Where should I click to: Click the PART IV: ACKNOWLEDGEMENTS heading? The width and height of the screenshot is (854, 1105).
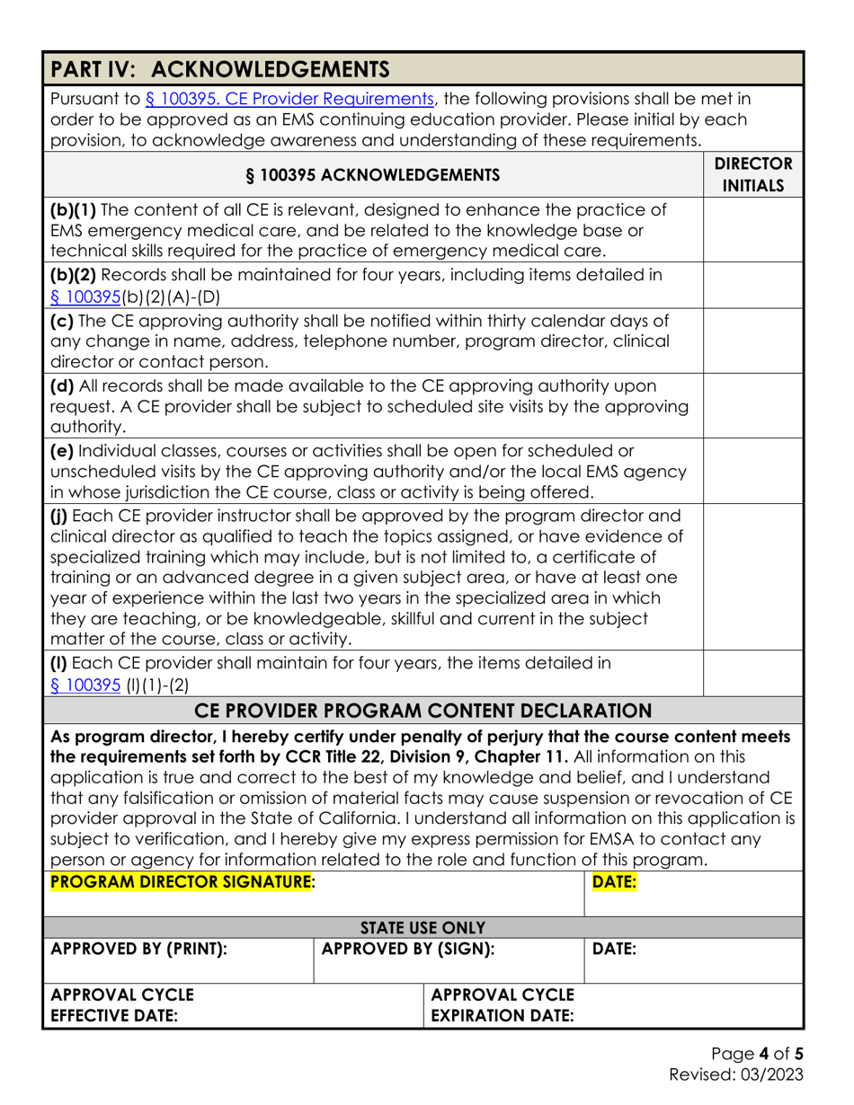(x=220, y=68)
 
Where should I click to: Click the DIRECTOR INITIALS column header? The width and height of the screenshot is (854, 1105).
(x=752, y=175)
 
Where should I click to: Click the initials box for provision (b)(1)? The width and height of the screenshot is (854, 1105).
(x=752, y=230)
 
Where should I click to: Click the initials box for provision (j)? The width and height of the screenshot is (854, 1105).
(x=752, y=577)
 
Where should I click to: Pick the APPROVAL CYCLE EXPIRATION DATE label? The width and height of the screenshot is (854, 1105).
(x=503, y=1005)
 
